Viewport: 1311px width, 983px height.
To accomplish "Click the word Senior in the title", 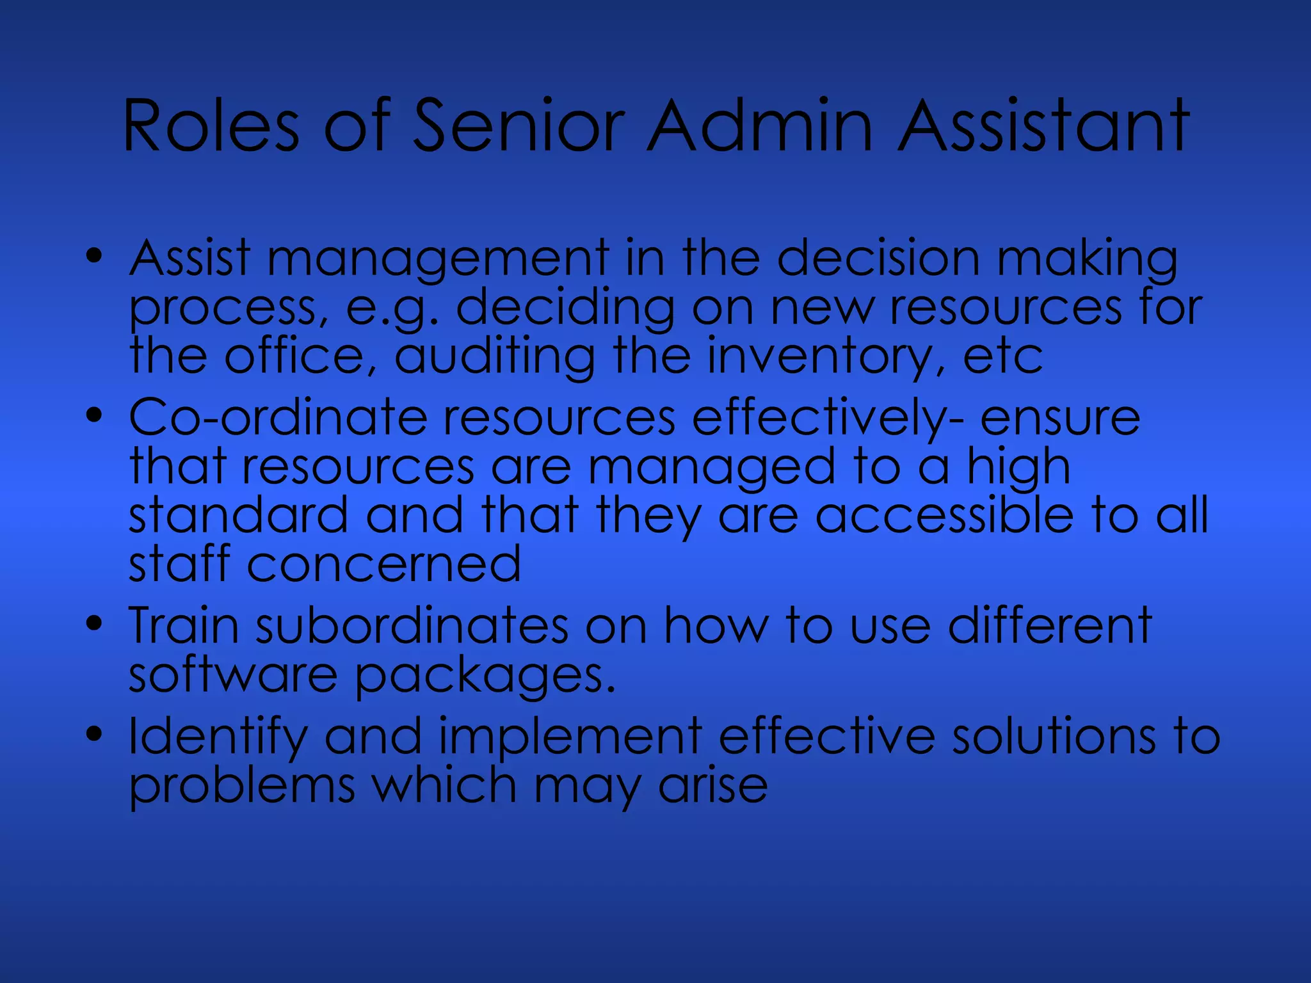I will (x=519, y=126).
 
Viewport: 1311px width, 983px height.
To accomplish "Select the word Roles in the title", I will (x=211, y=126).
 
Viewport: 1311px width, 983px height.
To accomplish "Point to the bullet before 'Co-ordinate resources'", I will (x=94, y=417).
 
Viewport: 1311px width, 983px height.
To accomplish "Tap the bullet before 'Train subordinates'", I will (x=94, y=624).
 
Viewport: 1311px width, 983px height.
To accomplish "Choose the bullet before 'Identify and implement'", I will (x=94, y=735).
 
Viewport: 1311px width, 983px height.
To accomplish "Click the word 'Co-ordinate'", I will (x=278, y=417).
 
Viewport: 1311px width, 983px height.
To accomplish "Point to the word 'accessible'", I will (x=944, y=515).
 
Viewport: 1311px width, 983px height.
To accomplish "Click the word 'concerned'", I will (x=383, y=564).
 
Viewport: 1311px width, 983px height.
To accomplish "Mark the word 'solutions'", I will (x=1054, y=736).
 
